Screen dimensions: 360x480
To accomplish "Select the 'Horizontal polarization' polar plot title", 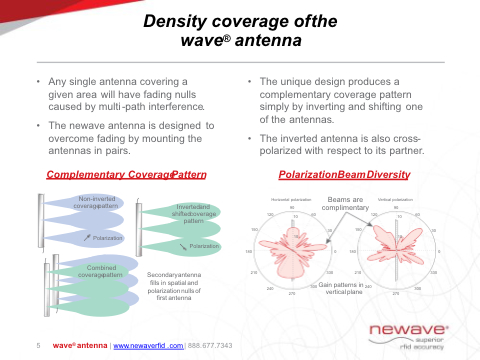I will [x=291, y=200].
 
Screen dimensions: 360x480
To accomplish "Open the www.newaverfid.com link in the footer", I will [x=149, y=345].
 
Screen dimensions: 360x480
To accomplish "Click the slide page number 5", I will [x=37, y=345].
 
